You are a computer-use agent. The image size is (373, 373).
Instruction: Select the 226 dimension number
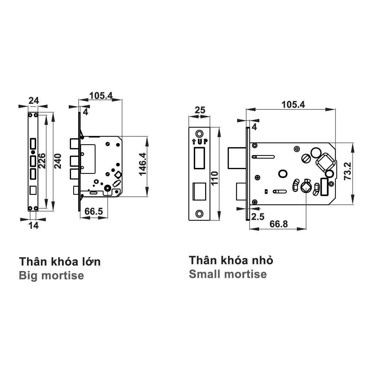42,161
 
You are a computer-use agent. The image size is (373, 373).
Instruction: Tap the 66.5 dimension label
94,212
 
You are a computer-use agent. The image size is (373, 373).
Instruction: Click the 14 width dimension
33,225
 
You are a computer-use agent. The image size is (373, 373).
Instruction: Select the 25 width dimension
199,110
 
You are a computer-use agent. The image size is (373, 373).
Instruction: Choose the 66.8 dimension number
278,224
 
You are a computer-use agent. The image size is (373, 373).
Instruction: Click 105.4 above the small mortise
293,105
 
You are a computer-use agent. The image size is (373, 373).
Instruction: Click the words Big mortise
51,275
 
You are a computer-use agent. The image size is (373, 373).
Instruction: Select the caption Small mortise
228,274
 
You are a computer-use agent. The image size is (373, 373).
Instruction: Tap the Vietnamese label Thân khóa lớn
60,262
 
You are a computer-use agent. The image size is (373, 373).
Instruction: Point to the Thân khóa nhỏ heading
231,260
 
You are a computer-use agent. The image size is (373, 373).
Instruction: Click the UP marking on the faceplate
199,142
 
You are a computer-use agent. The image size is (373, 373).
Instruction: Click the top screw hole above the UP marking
199,133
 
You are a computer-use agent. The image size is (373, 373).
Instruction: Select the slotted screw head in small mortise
306,158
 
